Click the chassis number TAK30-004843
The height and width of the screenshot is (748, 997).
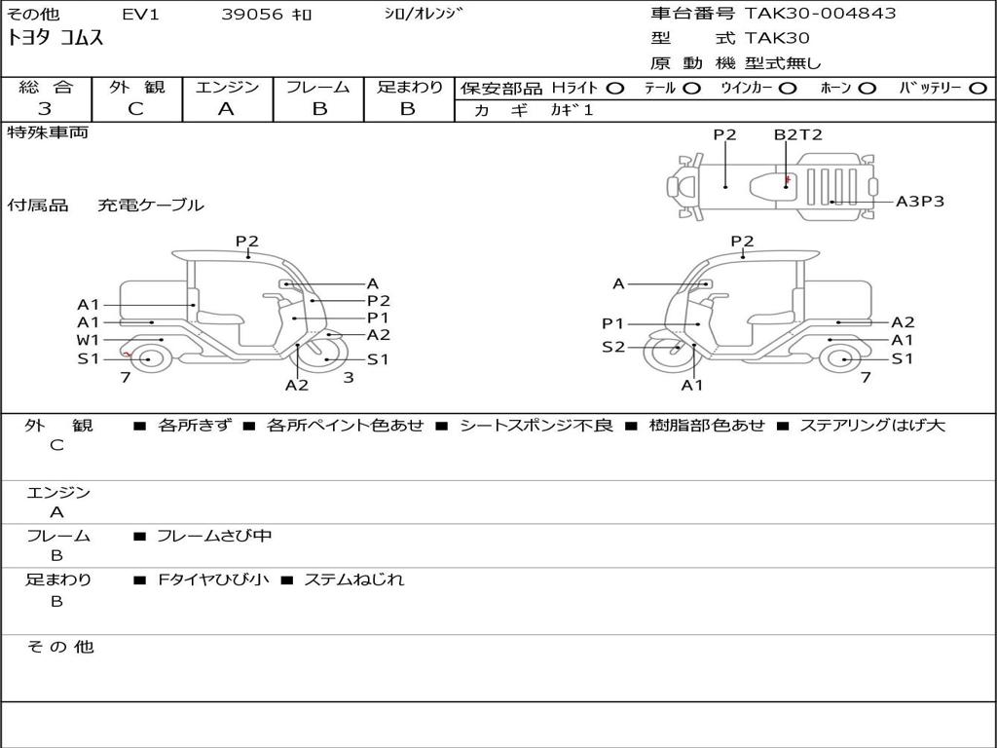pyautogui.click(x=820, y=14)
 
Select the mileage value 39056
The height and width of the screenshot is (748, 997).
pyautogui.click(x=252, y=14)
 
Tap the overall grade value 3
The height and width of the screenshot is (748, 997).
pyautogui.click(x=45, y=108)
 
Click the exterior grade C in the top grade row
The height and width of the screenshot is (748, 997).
pyautogui.click(x=135, y=108)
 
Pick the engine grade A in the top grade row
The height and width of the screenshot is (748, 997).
pyautogui.click(x=226, y=109)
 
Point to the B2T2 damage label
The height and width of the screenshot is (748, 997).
pyautogui.click(x=798, y=134)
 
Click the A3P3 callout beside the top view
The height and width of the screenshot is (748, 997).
pyautogui.click(x=920, y=202)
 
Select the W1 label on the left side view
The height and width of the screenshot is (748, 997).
pyautogui.click(x=89, y=340)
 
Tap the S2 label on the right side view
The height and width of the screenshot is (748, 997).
pyautogui.click(x=613, y=347)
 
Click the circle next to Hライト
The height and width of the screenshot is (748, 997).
pyautogui.click(x=615, y=89)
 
